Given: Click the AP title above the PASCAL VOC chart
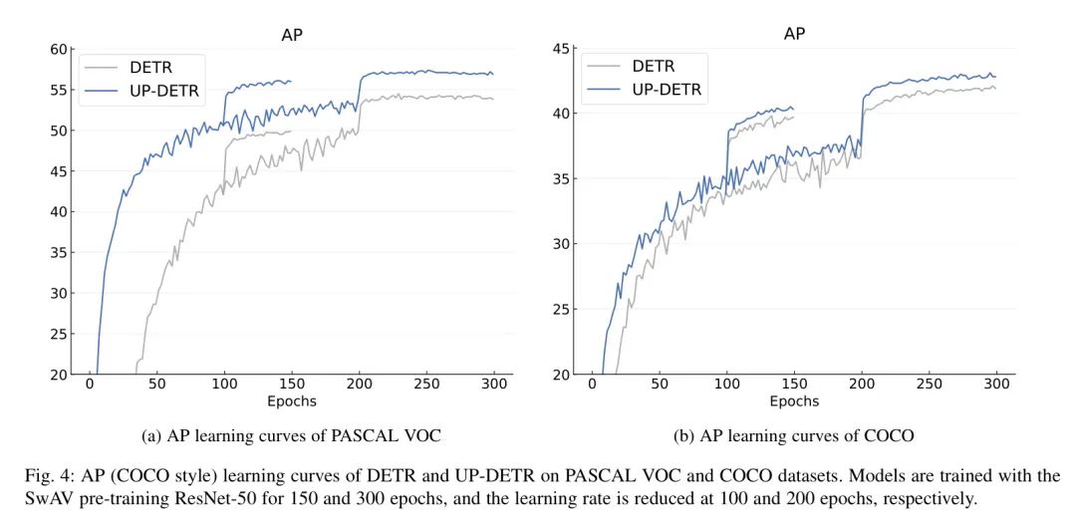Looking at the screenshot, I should pos(291,34).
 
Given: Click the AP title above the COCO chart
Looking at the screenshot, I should pos(794,34).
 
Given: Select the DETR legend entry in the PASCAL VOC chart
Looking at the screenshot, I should pos(149,68).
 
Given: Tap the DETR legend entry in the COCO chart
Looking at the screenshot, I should pos(653,67).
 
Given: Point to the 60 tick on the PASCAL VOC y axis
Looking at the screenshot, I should pos(58,50).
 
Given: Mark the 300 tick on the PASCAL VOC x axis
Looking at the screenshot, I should pos(493,384).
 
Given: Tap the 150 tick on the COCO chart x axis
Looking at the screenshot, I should pos(794,384).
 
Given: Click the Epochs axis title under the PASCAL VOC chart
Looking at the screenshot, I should pos(291,400).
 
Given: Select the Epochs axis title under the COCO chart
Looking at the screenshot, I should pos(794,400).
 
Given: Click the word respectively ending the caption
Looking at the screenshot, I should pos(933,498).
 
